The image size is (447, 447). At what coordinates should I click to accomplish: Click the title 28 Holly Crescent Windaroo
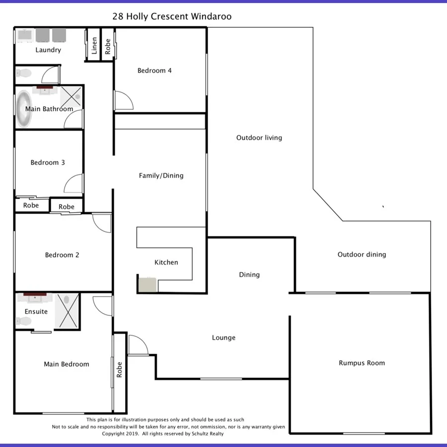(172, 16)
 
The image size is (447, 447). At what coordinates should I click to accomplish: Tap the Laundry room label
(48, 50)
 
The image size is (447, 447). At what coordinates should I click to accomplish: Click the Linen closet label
(94, 45)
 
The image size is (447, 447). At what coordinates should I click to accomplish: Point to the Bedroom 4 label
(154, 71)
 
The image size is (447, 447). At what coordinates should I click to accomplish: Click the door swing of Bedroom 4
(123, 101)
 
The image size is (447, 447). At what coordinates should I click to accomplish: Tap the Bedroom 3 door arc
(73, 184)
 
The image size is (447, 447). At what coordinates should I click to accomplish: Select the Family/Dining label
(161, 175)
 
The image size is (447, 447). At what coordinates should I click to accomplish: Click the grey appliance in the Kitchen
(148, 285)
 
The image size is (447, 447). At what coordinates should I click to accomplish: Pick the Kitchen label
(166, 262)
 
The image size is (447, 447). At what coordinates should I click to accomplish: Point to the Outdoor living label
(259, 138)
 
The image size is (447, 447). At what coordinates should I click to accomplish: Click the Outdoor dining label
(362, 254)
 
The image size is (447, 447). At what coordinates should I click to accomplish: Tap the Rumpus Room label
(362, 363)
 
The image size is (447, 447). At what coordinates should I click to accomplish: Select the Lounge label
(223, 338)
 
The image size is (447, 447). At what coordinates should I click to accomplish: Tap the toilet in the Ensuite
(23, 321)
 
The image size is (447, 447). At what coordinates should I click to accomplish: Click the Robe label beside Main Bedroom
(119, 369)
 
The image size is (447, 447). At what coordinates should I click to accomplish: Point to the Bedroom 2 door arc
(102, 223)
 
